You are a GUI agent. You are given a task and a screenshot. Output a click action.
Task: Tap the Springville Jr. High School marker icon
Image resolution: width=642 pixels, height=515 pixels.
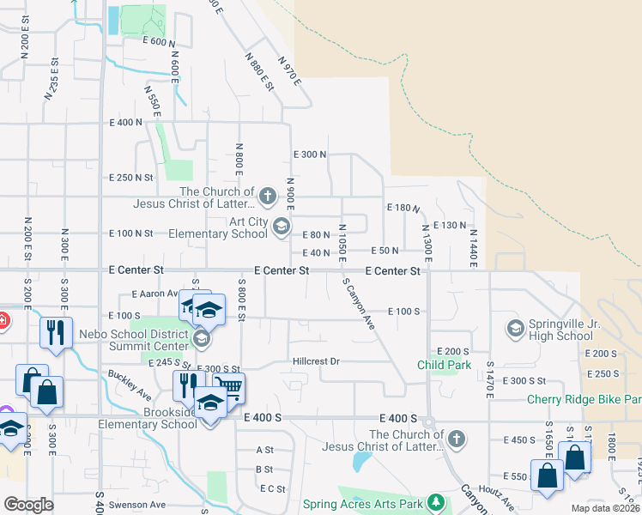515,327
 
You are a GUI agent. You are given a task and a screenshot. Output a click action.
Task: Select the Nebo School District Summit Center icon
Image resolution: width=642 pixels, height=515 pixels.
201,339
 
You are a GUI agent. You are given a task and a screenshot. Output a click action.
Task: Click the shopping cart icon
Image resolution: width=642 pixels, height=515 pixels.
227,387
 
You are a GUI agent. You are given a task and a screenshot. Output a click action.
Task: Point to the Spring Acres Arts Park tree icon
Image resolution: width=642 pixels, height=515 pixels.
437,502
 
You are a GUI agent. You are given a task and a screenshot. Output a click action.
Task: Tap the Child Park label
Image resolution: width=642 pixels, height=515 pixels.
444,365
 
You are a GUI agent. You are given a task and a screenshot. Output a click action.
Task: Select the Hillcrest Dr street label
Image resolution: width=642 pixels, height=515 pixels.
317,361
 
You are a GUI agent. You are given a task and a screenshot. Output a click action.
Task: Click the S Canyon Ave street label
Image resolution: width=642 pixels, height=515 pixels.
359,304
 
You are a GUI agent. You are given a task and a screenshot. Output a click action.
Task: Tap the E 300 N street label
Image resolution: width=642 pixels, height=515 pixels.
310,154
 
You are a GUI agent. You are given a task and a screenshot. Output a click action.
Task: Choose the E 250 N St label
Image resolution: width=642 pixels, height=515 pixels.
130,178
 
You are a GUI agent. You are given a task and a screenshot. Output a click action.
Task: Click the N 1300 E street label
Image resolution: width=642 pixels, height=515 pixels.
424,242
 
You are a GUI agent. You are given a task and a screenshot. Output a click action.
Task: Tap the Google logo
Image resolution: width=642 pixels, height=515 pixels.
28,505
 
